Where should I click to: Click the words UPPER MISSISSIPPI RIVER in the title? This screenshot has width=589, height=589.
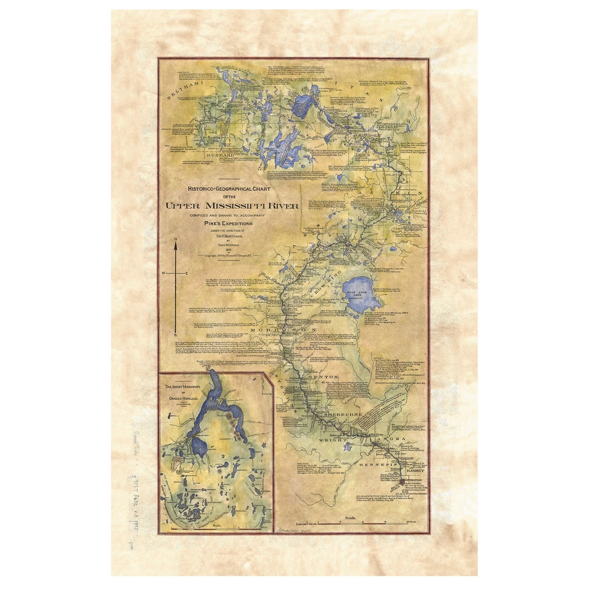(x=231, y=205)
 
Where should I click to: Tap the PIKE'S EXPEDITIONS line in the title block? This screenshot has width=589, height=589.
(x=227, y=223)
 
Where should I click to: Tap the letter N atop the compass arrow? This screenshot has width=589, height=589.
(x=176, y=238)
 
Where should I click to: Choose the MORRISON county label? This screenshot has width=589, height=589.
(x=283, y=330)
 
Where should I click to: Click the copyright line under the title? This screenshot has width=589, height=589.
(x=228, y=255)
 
